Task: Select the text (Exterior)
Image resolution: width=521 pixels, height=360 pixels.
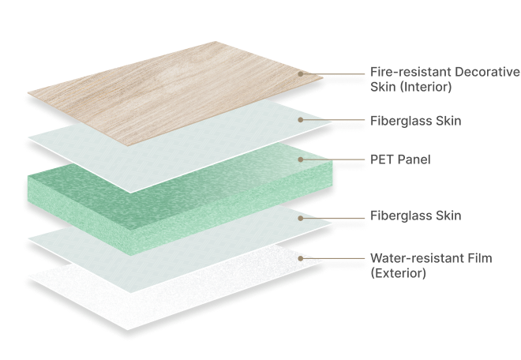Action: click(x=399, y=273)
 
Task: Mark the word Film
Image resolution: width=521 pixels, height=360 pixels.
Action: click(x=472, y=259)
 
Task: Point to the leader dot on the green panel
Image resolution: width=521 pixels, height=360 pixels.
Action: click(x=301, y=159)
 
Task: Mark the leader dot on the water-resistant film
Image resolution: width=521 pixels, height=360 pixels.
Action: click(x=301, y=258)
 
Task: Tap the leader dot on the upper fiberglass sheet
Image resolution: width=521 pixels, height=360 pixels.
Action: click(x=301, y=120)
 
